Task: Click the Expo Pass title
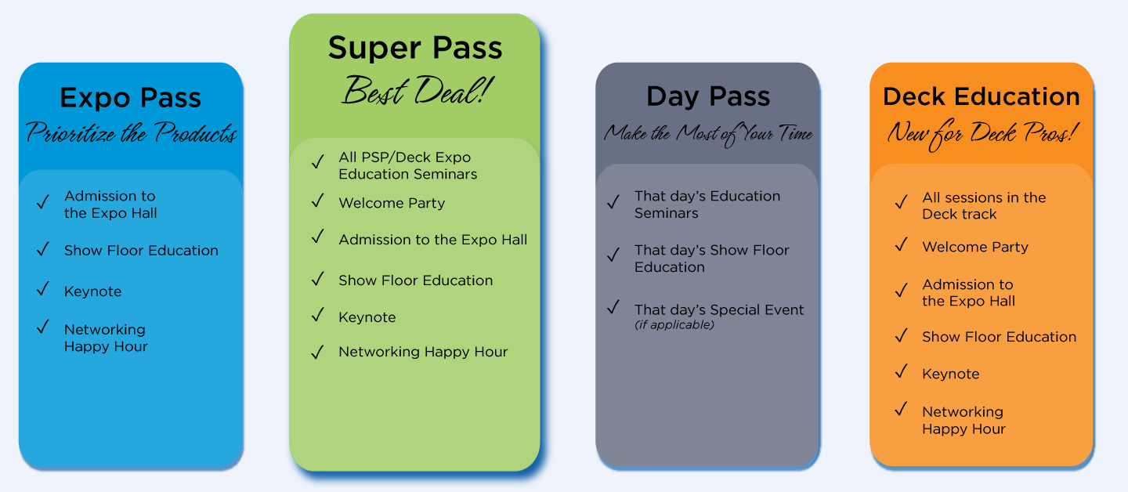130,98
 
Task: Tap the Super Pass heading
415,49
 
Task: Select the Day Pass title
708,96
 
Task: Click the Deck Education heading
982,96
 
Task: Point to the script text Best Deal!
417,91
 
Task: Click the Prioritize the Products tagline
132,132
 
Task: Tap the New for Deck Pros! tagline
982,134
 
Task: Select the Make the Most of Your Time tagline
708,134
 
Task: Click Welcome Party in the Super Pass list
392,203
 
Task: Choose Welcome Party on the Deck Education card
975,247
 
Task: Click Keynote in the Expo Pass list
92,291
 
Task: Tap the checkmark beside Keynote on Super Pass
318,315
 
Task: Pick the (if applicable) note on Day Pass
674,325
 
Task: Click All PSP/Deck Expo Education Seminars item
407,165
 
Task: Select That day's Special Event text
718,309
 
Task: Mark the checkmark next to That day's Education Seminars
613,202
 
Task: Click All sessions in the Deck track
984,205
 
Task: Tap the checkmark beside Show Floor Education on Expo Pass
43,249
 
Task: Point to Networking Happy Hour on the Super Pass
423,352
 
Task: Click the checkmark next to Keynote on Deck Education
902,371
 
